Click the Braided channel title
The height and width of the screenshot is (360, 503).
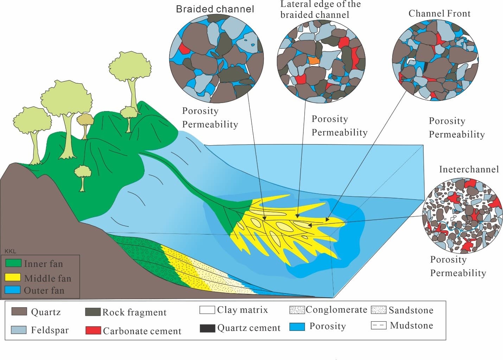click(215, 9)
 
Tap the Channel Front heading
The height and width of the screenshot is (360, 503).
click(439, 13)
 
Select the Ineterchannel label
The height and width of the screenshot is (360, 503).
click(469, 169)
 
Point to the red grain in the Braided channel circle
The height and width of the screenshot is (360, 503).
click(183, 49)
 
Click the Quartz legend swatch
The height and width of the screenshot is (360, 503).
click(19, 311)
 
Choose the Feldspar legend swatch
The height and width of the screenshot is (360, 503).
click(19, 330)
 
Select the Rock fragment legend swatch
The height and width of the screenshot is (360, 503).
click(93, 312)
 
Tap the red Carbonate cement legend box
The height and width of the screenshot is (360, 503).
click(93, 330)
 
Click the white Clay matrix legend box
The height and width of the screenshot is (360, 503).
click(207, 310)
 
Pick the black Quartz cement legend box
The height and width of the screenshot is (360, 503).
click(207, 328)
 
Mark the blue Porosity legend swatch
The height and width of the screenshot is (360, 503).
click(297, 326)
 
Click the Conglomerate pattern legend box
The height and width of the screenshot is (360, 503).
click(297, 310)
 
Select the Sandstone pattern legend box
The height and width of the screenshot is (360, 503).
click(378, 310)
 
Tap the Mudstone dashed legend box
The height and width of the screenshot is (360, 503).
click(378, 325)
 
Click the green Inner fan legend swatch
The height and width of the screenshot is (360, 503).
click(13, 263)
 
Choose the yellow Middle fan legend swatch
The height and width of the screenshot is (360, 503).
click(13, 277)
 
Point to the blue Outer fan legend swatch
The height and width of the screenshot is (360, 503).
click(13, 290)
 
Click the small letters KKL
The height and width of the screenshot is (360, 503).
click(10, 251)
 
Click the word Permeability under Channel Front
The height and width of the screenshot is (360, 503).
click(457, 134)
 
